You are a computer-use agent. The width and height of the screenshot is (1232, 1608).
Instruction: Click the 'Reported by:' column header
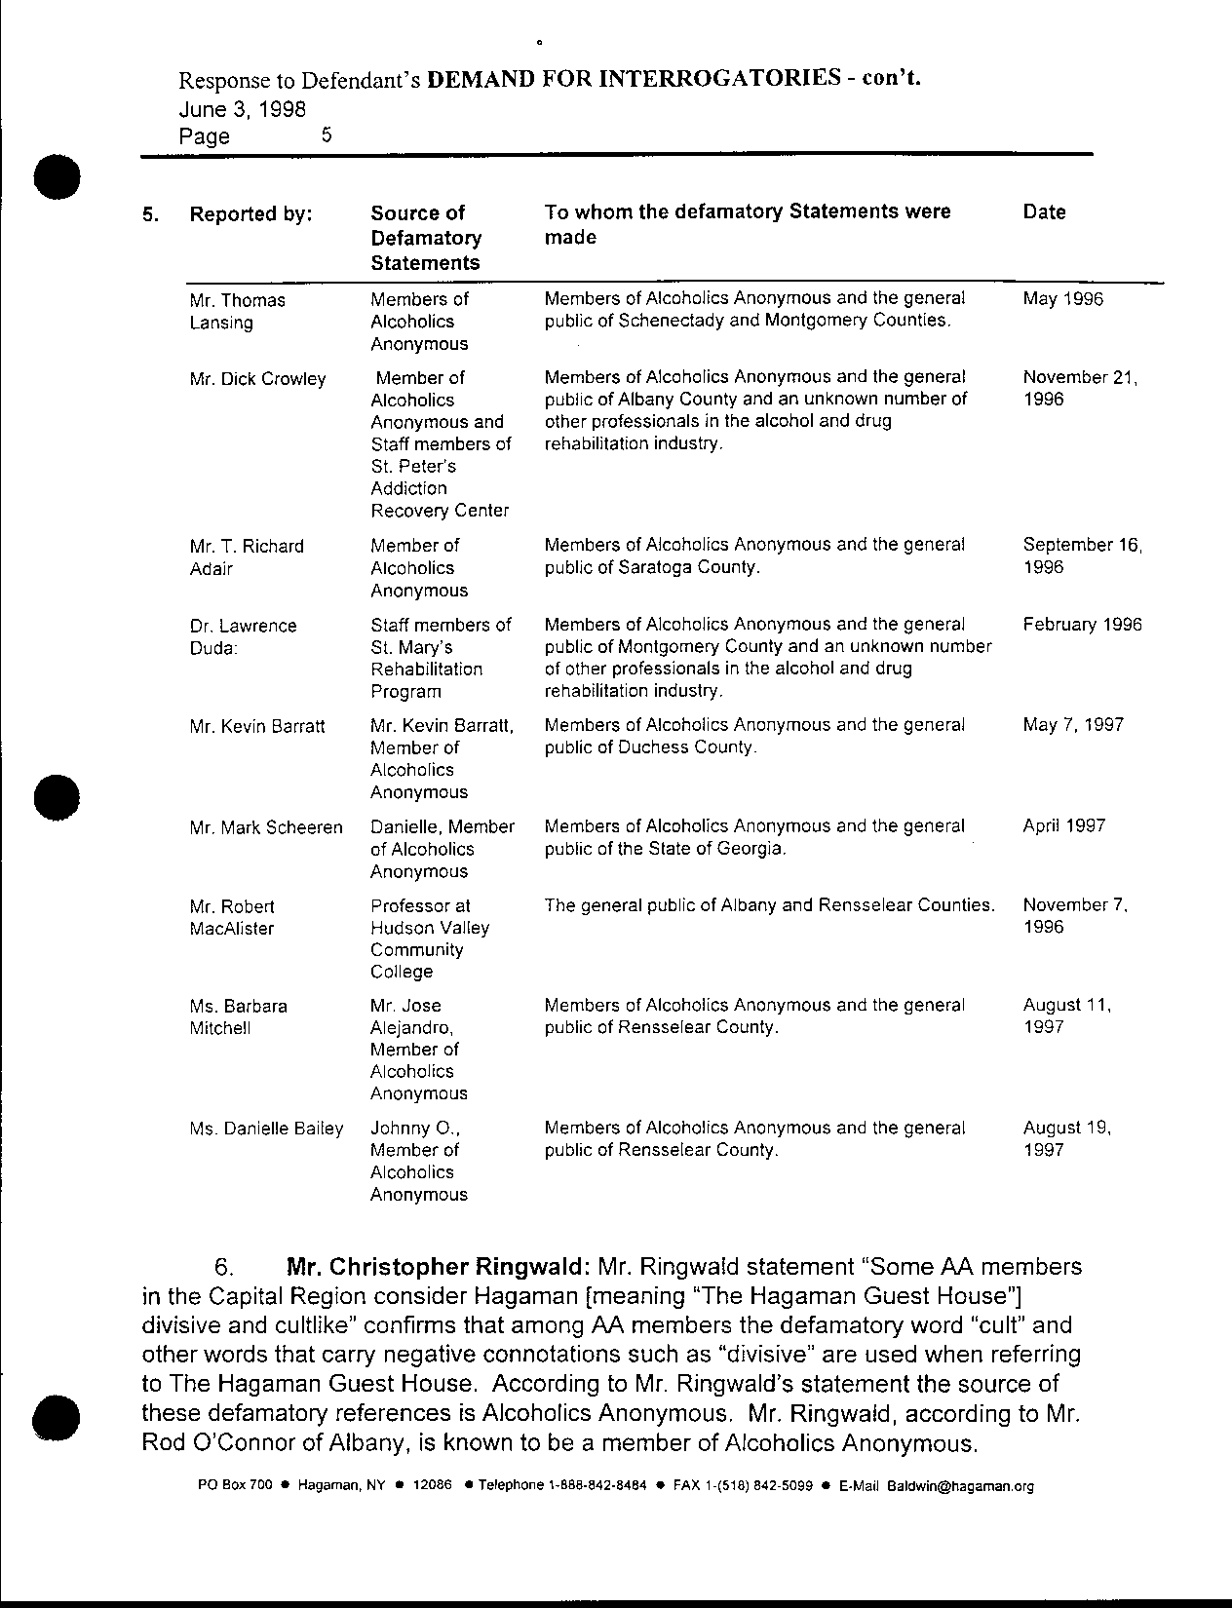250,214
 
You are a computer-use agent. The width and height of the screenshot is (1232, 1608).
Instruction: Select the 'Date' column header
1044,212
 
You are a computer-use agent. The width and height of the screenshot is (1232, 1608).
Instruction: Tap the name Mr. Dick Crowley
257,379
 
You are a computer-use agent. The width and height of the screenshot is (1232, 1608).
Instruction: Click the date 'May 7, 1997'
1072,725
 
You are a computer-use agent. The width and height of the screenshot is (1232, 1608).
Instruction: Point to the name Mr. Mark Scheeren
266,827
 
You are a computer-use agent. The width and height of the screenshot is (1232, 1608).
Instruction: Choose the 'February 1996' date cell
1082,625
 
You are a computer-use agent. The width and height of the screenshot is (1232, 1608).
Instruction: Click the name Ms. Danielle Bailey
266,1129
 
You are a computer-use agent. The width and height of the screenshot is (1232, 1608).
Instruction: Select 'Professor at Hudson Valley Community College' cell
430,938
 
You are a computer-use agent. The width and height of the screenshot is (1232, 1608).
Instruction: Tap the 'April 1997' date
1063,826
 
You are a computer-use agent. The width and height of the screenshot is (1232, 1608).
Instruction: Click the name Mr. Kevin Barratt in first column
257,726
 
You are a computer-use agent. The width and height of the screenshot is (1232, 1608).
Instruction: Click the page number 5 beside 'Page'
327,135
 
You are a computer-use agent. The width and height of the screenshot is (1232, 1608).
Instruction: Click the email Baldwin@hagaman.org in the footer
959,1486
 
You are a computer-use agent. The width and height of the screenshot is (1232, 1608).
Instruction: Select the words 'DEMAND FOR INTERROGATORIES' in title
634,79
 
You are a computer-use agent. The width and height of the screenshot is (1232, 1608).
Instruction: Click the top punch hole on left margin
56,176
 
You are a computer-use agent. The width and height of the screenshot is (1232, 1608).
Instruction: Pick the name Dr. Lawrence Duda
243,636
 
